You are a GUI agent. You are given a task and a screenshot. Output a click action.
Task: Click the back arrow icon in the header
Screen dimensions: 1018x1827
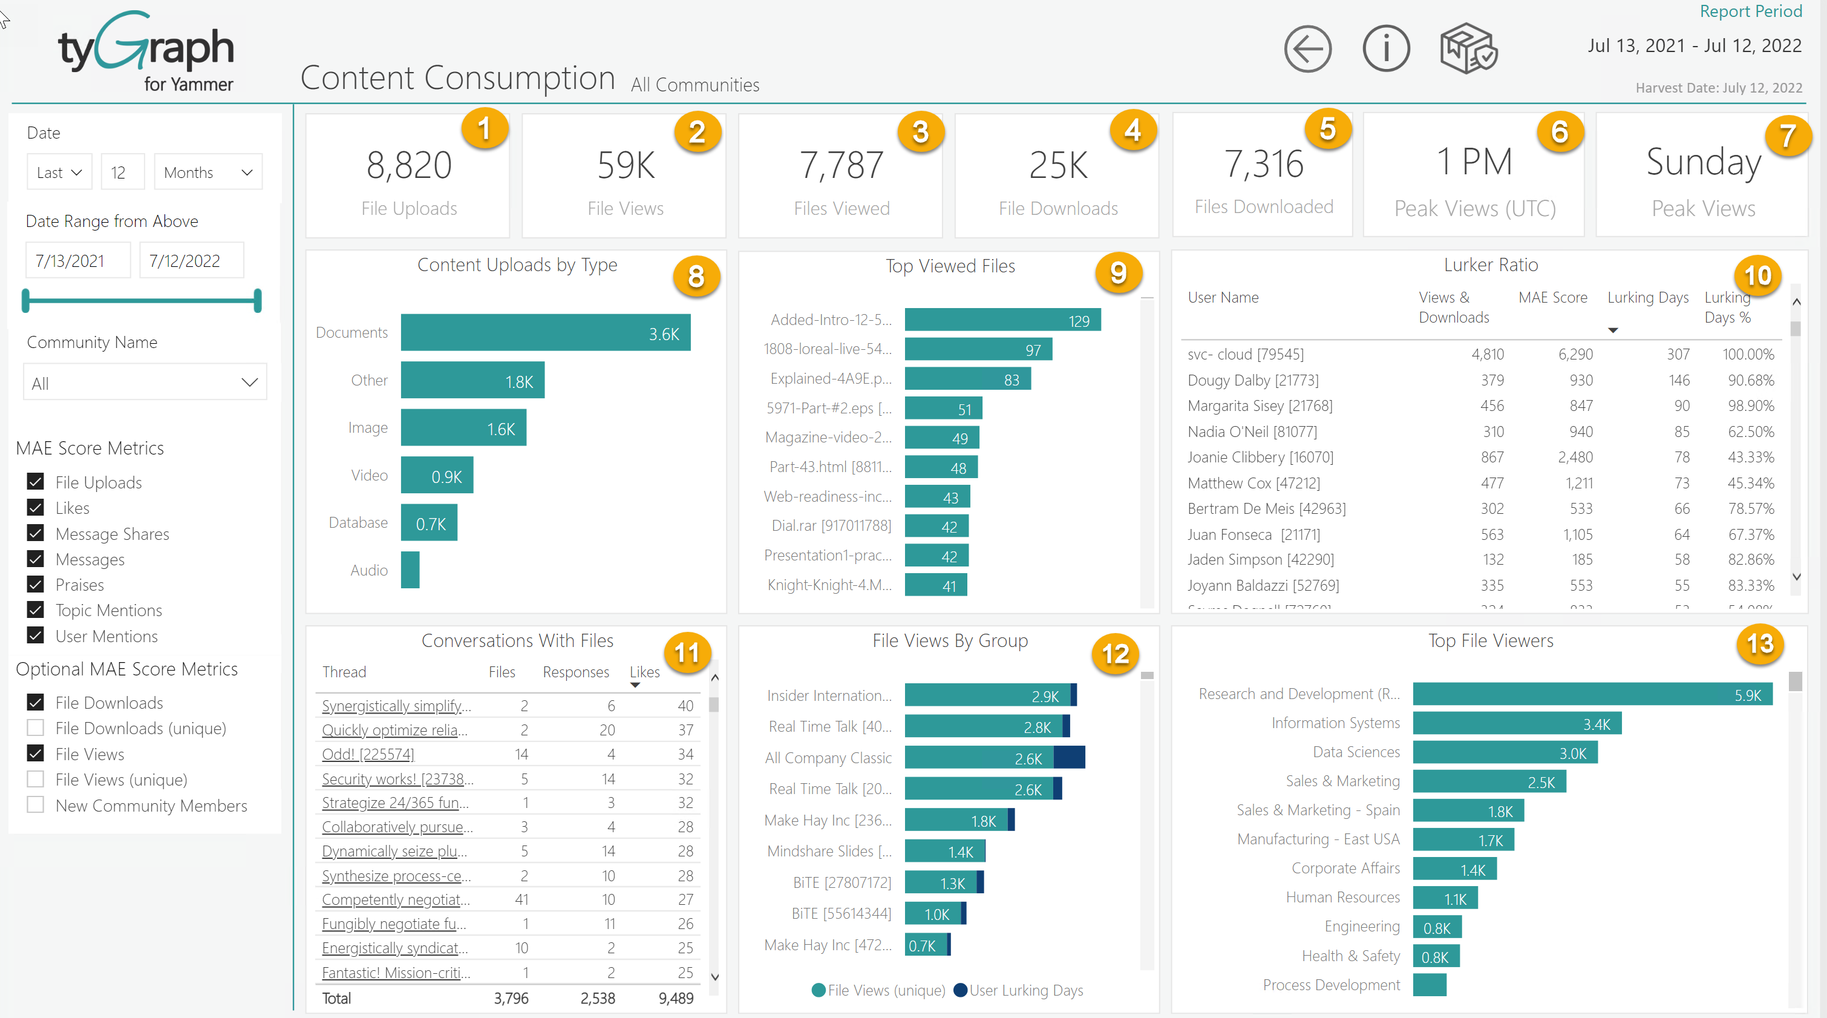point(1307,49)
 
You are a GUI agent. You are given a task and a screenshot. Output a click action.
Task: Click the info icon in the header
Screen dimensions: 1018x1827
point(1386,49)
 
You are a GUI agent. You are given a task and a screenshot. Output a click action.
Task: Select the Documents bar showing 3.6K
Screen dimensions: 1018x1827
point(544,333)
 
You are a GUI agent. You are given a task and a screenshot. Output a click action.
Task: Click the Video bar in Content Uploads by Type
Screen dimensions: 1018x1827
point(436,476)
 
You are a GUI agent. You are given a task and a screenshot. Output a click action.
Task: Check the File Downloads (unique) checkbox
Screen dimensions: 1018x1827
point(36,728)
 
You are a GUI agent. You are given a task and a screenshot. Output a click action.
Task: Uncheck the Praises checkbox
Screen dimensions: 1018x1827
point(36,585)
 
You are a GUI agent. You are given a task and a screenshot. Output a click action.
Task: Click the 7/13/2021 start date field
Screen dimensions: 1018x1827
point(77,261)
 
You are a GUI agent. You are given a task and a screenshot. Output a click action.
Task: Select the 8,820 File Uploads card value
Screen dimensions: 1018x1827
point(408,165)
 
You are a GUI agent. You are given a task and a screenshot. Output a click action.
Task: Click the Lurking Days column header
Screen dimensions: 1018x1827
point(1647,298)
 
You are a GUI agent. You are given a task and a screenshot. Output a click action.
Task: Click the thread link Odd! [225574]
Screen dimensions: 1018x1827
point(367,754)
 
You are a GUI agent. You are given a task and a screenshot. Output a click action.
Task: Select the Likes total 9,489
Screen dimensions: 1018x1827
point(675,998)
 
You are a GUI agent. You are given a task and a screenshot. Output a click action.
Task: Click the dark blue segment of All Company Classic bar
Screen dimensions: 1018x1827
point(1069,758)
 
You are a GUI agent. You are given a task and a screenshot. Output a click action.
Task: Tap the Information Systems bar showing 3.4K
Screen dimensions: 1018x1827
point(1517,724)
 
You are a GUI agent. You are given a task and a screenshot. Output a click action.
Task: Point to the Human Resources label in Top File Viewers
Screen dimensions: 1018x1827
point(1342,898)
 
